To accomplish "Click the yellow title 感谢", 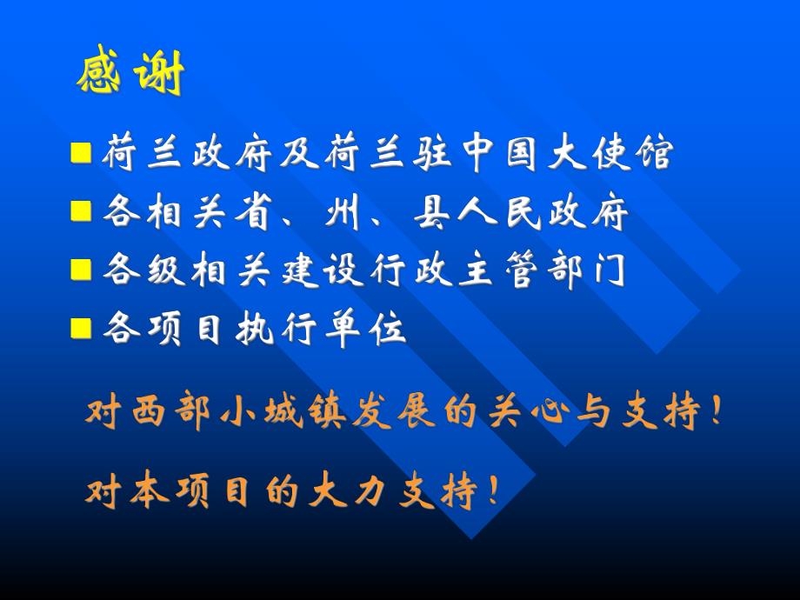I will (x=130, y=77).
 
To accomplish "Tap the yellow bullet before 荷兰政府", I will (x=81, y=155).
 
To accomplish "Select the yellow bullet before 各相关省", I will (x=81, y=211).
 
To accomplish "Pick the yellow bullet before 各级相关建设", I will (x=81, y=270).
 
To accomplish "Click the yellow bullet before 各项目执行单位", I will (x=81, y=328).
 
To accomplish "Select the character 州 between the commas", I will (x=342, y=213).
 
